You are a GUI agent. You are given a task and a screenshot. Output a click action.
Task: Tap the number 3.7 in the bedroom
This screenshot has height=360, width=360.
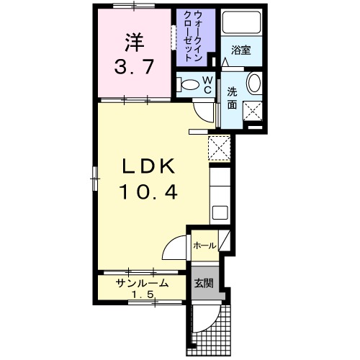pos(133,69)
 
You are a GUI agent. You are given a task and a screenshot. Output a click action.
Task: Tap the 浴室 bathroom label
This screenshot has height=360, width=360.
pos(240,50)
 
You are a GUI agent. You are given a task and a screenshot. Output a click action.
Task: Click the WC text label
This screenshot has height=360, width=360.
pos(206,85)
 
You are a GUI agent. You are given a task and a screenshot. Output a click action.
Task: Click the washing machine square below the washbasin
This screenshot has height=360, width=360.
pos(253,111)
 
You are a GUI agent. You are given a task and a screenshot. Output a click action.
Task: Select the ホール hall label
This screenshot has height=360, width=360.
pos(204,246)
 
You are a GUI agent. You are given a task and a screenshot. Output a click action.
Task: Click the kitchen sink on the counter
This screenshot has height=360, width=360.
pos(220,213)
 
